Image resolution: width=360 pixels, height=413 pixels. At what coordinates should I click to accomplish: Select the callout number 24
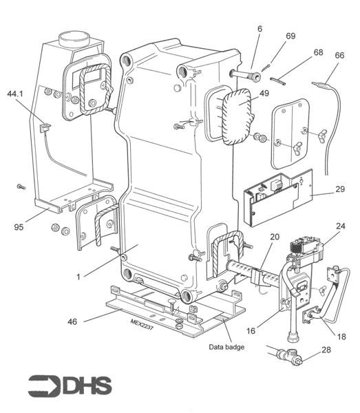(340, 224)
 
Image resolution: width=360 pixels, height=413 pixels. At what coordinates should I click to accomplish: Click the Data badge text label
(226, 347)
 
